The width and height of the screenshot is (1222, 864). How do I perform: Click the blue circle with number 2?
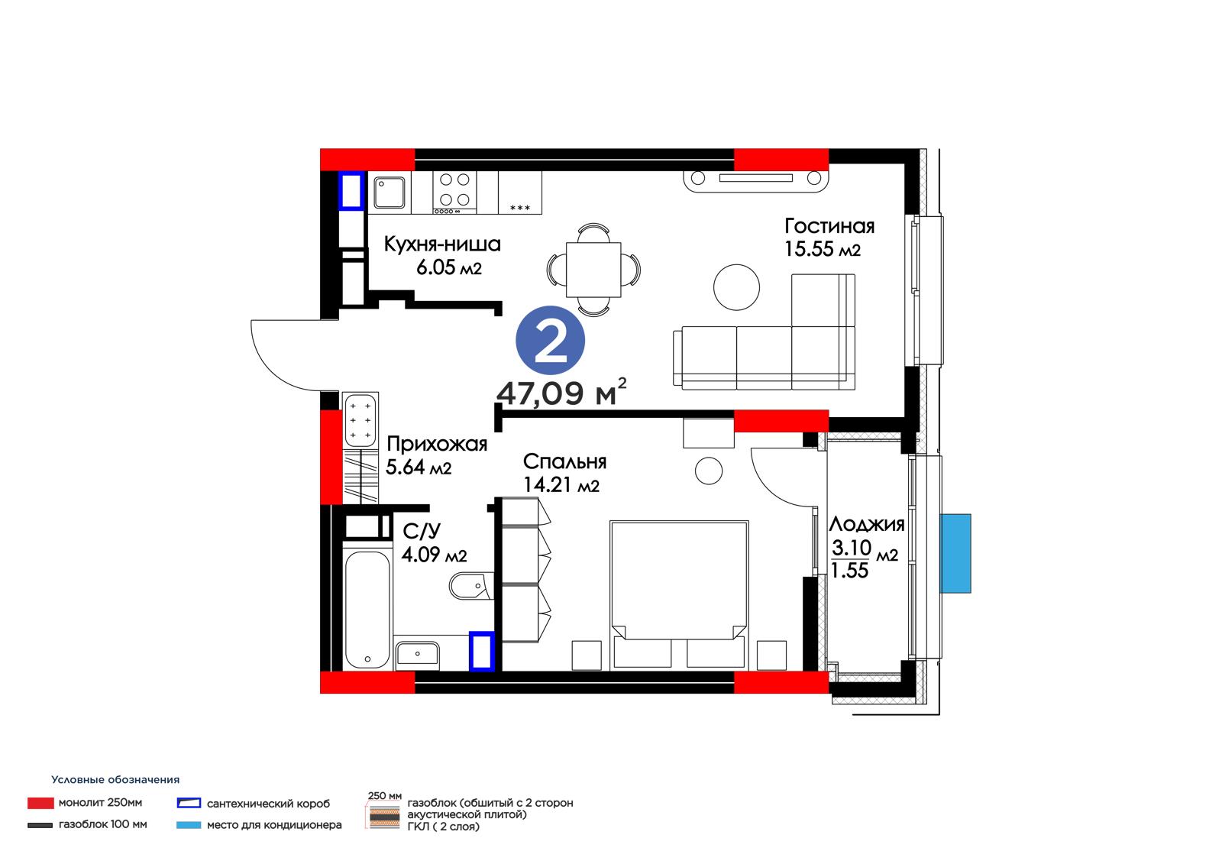click(550, 340)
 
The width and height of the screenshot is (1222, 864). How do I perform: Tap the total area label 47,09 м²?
click(561, 392)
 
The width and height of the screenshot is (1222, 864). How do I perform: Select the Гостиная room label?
click(829, 226)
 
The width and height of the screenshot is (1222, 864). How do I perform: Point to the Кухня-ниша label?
click(442, 244)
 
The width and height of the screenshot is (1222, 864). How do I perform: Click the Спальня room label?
click(564, 461)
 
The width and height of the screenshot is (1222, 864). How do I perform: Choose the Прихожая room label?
click(436, 445)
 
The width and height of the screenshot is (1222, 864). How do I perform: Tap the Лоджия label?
click(867, 525)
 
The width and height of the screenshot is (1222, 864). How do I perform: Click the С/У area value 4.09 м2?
click(435, 555)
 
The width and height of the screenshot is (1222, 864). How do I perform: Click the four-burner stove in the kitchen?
click(454, 192)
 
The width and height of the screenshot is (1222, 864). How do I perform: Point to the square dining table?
click(593, 270)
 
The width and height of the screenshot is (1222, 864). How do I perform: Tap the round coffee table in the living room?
click(736, 287)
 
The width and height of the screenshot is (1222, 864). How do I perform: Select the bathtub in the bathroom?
click(367, 609)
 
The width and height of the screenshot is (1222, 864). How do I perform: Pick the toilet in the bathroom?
click(471, 586)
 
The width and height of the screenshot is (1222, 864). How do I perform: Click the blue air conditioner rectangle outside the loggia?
click(955, 553)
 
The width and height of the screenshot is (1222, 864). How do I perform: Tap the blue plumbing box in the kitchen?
click(351, 190)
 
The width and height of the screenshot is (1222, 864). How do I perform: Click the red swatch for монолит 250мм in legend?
click(40, 803)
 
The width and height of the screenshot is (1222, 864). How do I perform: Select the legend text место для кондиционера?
click(274, 825)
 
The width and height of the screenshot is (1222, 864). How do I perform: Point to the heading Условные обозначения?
click(115, 779)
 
